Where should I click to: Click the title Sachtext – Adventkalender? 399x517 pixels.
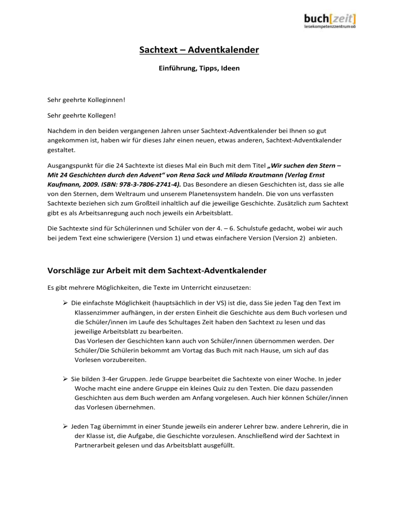click(199, 50)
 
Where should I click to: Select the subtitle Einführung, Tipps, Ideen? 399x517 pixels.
click(199, 68)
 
